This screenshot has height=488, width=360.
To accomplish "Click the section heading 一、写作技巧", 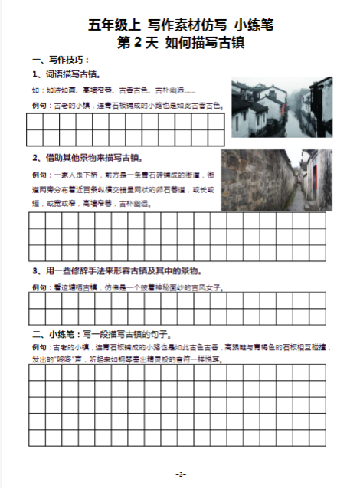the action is coord(61,60).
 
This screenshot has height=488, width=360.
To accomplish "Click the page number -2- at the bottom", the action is coord(181,474).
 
